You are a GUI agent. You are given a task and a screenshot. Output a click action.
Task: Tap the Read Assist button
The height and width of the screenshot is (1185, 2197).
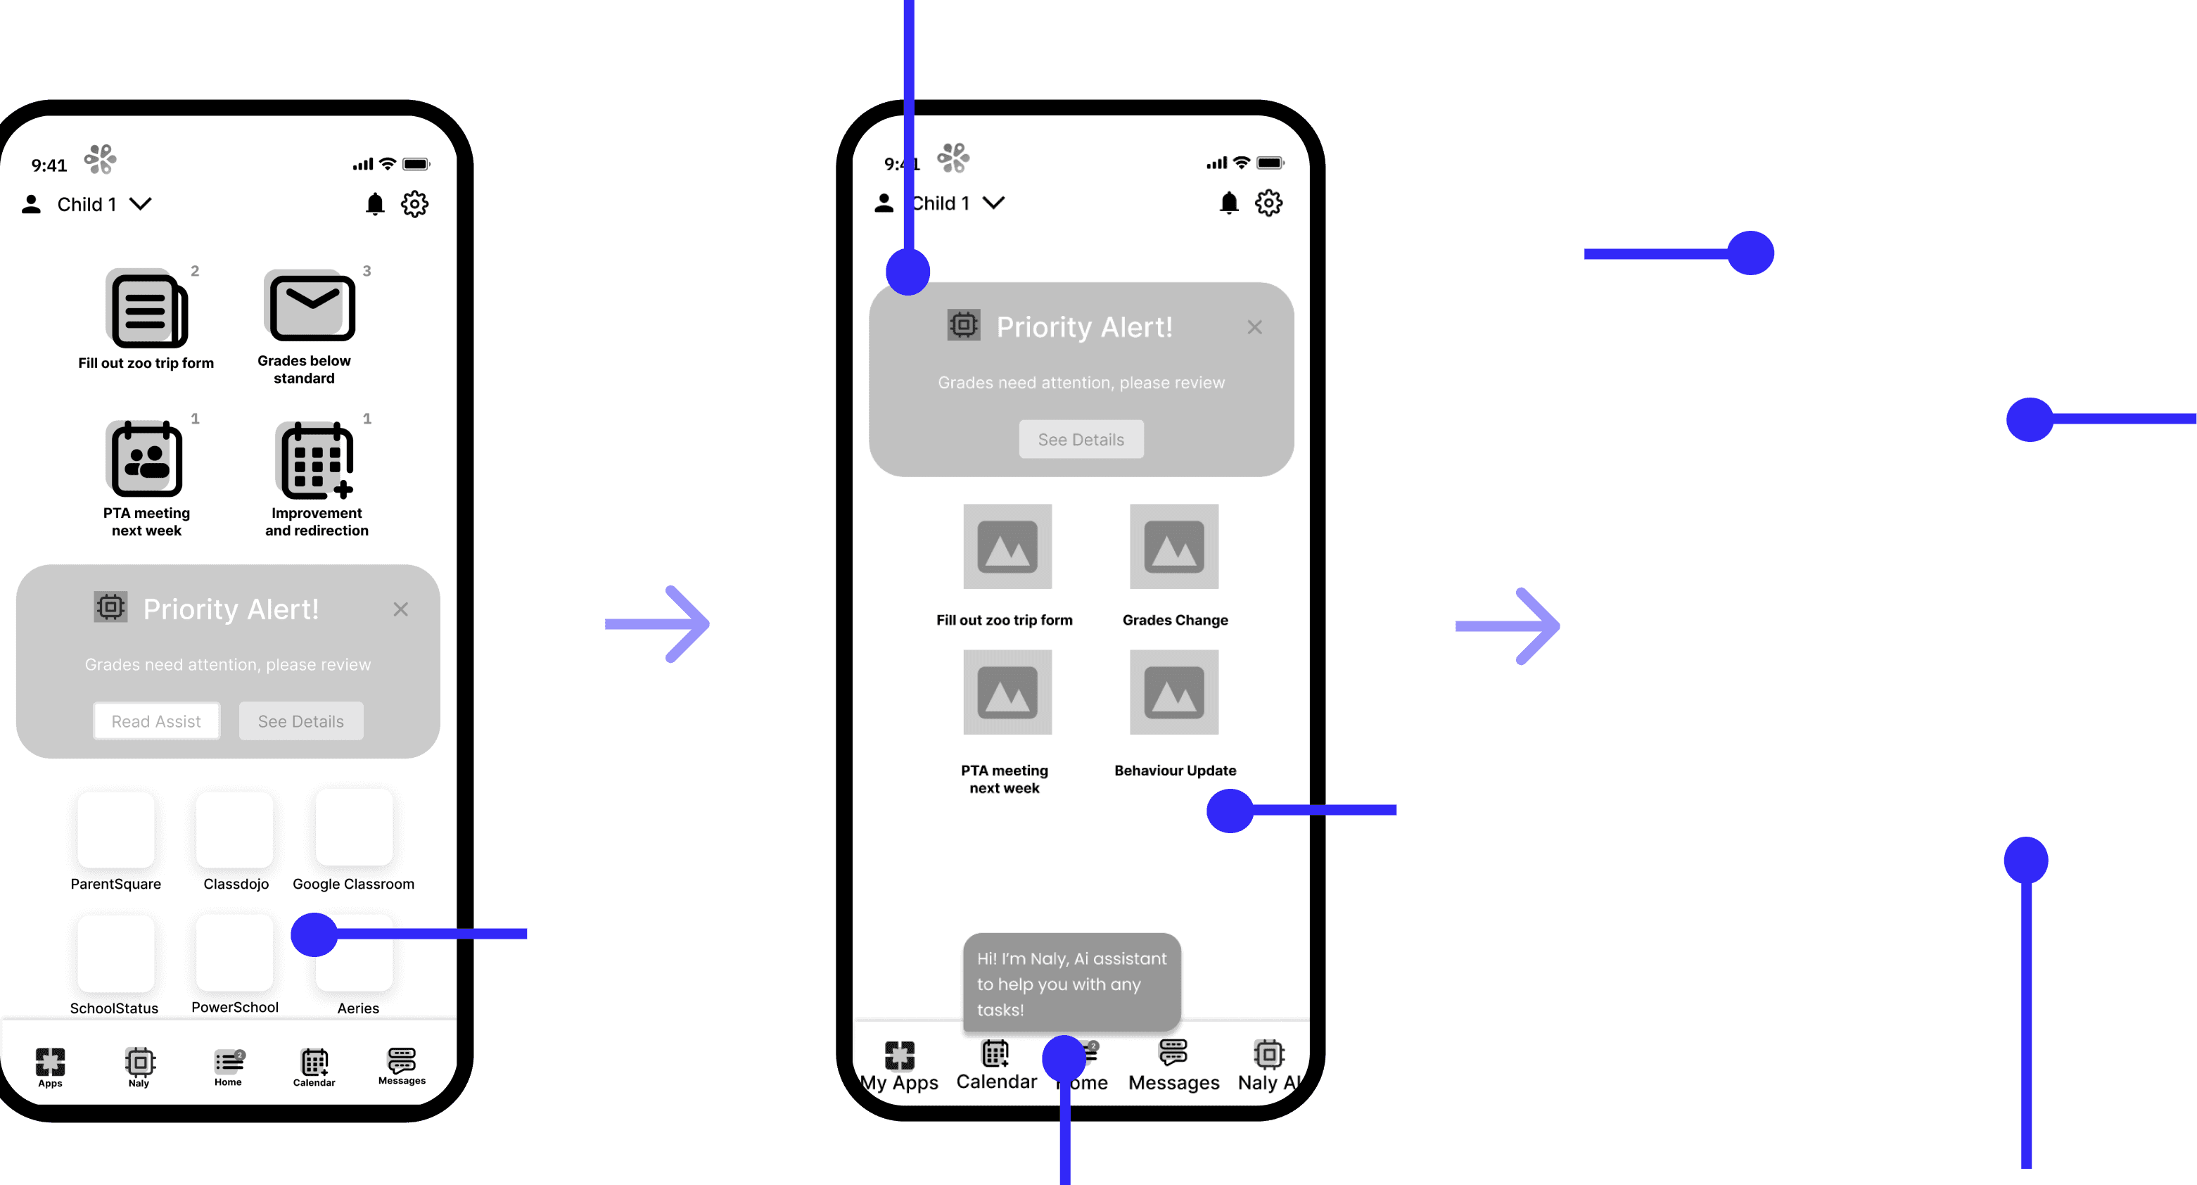156,721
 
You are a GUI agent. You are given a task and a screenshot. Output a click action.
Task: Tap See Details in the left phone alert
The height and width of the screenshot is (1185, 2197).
301,721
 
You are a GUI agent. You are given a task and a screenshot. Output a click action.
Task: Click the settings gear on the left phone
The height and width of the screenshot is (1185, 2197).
414,204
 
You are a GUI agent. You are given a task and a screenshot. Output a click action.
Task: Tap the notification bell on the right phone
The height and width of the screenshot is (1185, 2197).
1228,203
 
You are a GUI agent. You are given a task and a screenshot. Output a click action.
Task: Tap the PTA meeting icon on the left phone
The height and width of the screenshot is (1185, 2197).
146,459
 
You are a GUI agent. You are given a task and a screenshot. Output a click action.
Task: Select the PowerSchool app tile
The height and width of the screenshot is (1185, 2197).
234,952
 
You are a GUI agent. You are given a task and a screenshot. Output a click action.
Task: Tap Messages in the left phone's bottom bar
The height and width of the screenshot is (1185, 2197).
402,1065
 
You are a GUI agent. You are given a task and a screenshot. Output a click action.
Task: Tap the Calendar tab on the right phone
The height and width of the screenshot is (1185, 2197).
995,1064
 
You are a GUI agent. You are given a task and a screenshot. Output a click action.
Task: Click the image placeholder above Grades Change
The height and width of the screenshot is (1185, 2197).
1173,546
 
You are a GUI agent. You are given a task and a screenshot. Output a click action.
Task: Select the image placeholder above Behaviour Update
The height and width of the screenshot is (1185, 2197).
1173,692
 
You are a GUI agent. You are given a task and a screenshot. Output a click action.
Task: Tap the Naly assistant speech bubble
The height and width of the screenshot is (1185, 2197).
1071,983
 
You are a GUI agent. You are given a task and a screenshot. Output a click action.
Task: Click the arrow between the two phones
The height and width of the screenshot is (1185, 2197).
657,623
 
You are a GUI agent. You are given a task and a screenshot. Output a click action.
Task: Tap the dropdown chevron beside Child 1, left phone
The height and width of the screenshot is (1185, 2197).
141,204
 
